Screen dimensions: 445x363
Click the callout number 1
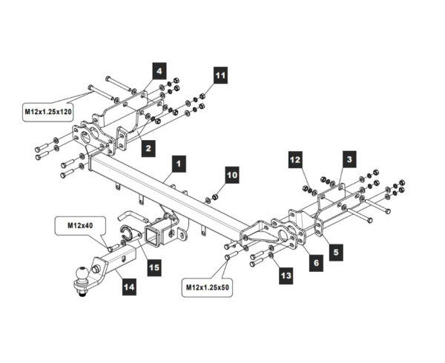[179, 164]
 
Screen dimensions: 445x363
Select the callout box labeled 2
[148, 148]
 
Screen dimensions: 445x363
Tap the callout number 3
[349, 159]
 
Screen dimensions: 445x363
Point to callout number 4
[159, 71]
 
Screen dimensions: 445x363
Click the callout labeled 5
[336, 252]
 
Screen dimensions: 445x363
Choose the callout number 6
[316, 263]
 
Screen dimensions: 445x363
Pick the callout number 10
[232, 175]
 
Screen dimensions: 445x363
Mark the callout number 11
[220, 76]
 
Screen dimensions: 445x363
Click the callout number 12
[295, 160]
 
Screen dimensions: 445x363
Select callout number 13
[286, 276]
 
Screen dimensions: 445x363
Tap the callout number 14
[129, 287]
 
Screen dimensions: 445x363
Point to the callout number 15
[154, 267]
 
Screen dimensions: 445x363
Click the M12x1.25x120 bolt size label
[48, 112]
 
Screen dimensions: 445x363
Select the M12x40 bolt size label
[80, 225]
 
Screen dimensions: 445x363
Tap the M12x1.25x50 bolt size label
[207, 287]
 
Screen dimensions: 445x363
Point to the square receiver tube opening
[153, 235]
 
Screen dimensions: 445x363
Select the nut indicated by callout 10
[215, 196]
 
